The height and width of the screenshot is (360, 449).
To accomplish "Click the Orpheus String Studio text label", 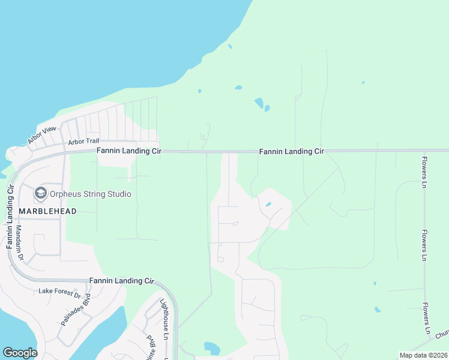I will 91,194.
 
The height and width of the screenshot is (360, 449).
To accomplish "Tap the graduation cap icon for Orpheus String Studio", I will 41,193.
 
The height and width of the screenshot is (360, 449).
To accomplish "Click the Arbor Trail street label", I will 83,142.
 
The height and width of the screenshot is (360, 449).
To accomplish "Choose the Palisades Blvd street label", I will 76,309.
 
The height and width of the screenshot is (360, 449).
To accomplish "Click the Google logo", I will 20,353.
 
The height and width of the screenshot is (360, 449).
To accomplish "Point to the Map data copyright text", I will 424,356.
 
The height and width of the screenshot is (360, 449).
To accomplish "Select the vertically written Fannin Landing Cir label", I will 10,217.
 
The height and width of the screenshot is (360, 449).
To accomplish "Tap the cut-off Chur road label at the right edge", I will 442,334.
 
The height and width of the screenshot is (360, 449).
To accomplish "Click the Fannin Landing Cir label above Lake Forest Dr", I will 122,280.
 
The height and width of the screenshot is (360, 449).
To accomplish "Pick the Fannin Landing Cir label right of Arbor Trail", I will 129,152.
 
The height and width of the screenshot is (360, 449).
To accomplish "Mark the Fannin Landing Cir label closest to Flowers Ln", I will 291,152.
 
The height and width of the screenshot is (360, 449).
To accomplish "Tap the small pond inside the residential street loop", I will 268,204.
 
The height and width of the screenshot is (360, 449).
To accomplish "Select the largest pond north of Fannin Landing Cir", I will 259,103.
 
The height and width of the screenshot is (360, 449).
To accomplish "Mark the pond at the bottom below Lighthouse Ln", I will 212,347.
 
